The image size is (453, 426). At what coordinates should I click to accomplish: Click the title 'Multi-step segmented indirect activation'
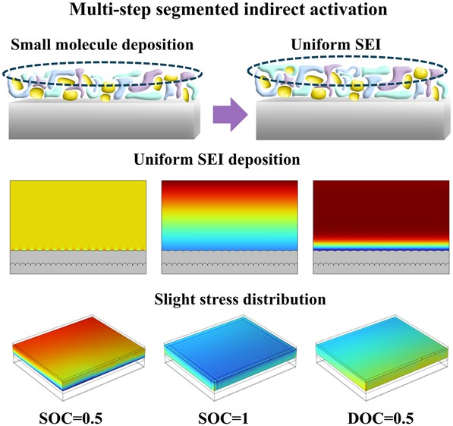[226, 12]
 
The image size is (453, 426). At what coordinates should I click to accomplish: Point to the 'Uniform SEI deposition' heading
[226, 161]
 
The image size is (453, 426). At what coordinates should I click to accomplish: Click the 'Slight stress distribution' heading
[226, 299]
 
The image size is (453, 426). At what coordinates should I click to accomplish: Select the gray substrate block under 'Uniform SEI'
[349, 121]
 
